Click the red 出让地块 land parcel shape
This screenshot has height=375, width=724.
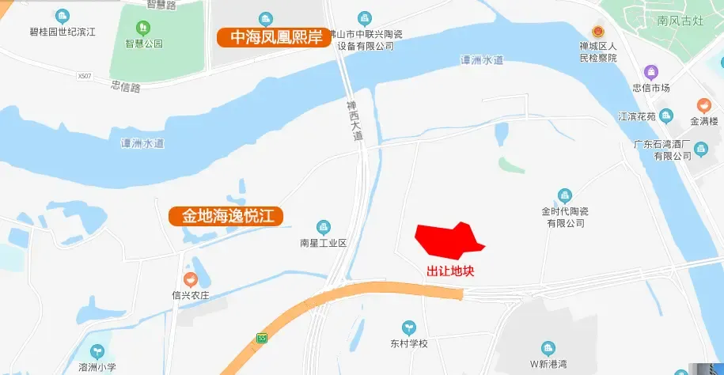click(x=447, y=240)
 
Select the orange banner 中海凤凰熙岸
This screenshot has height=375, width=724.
click(x=274, y=37)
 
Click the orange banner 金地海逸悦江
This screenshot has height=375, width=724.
click(x=227, y=215)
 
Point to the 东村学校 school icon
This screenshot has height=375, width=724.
click(x=408, y=327)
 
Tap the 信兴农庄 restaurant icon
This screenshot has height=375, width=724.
click(x=190, y=279)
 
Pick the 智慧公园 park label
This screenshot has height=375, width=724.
click(x=143, y=44)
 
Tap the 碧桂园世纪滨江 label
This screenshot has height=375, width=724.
click(x=63, y=32)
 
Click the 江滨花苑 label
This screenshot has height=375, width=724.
click(x=637, y=117)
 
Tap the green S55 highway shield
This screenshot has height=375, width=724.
click(x=262, y=339)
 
